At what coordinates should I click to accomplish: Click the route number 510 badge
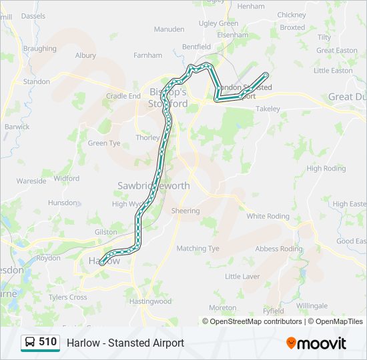40,343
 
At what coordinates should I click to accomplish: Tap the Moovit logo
316,343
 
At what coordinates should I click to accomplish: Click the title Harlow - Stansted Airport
125,343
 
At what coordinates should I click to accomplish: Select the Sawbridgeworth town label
153,186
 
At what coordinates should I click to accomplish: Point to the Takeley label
268,109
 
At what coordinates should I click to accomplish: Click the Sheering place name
185,211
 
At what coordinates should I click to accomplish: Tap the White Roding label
268,216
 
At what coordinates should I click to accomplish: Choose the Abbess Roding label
278,249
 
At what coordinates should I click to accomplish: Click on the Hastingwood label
150,301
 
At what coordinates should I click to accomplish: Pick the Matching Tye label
198,249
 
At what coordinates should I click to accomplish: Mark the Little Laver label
242,276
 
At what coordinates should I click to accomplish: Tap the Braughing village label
39,49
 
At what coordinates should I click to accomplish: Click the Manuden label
169,30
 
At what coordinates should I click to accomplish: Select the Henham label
251,6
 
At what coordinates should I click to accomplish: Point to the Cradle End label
123,96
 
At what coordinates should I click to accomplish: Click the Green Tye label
104,143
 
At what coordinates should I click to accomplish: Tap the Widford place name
66,179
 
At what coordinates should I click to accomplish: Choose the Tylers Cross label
67,297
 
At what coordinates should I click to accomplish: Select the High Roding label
326,169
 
